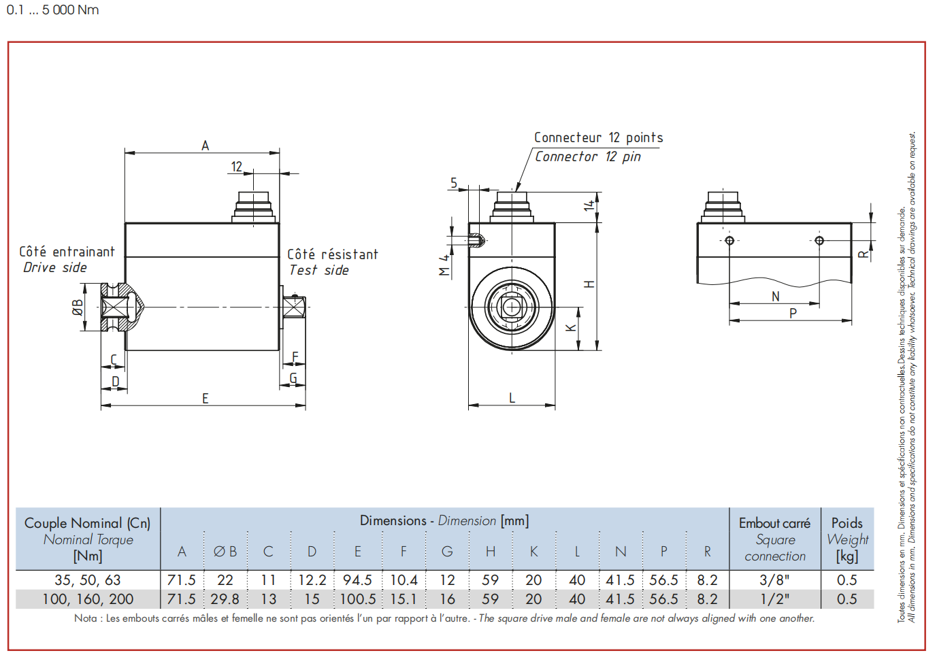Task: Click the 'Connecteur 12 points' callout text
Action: click(598, 137)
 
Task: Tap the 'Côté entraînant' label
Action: click(67, 251)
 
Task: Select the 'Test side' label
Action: click(318, 270)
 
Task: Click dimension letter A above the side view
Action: click(205, 146)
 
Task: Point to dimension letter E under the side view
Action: click(205, 398)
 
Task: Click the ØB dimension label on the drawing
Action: click(78, 307)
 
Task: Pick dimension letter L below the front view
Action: click(512, 397)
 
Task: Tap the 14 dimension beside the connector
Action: click(589, 205)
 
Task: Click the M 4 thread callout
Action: click(444, 265)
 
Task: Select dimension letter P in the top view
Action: click(793, 313)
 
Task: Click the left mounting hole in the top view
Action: click(729, 240)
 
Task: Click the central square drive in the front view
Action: click(512, 307)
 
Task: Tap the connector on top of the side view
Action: click(254, 207)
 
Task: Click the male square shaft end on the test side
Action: click(295, 307)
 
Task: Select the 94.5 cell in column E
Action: click(357, 580)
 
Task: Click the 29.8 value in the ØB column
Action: click(225, 599)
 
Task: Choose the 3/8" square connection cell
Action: click(774, 580)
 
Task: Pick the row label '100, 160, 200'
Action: click(88, 599)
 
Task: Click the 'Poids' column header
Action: click(846, 523)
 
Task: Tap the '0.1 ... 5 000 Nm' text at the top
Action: click(52, 10)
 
